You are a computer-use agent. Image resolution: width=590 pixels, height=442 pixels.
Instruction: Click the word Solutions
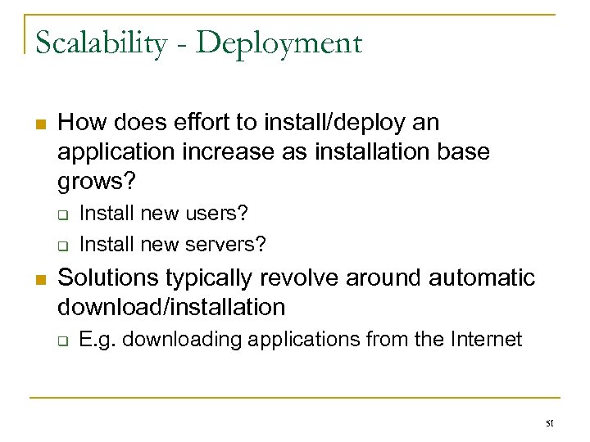[111, 278]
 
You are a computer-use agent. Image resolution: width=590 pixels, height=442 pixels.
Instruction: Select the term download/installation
[172, 307]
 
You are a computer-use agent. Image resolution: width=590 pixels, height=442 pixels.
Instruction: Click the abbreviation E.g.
[98, 340]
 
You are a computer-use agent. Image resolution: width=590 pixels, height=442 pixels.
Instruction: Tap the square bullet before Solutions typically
[38, 279]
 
